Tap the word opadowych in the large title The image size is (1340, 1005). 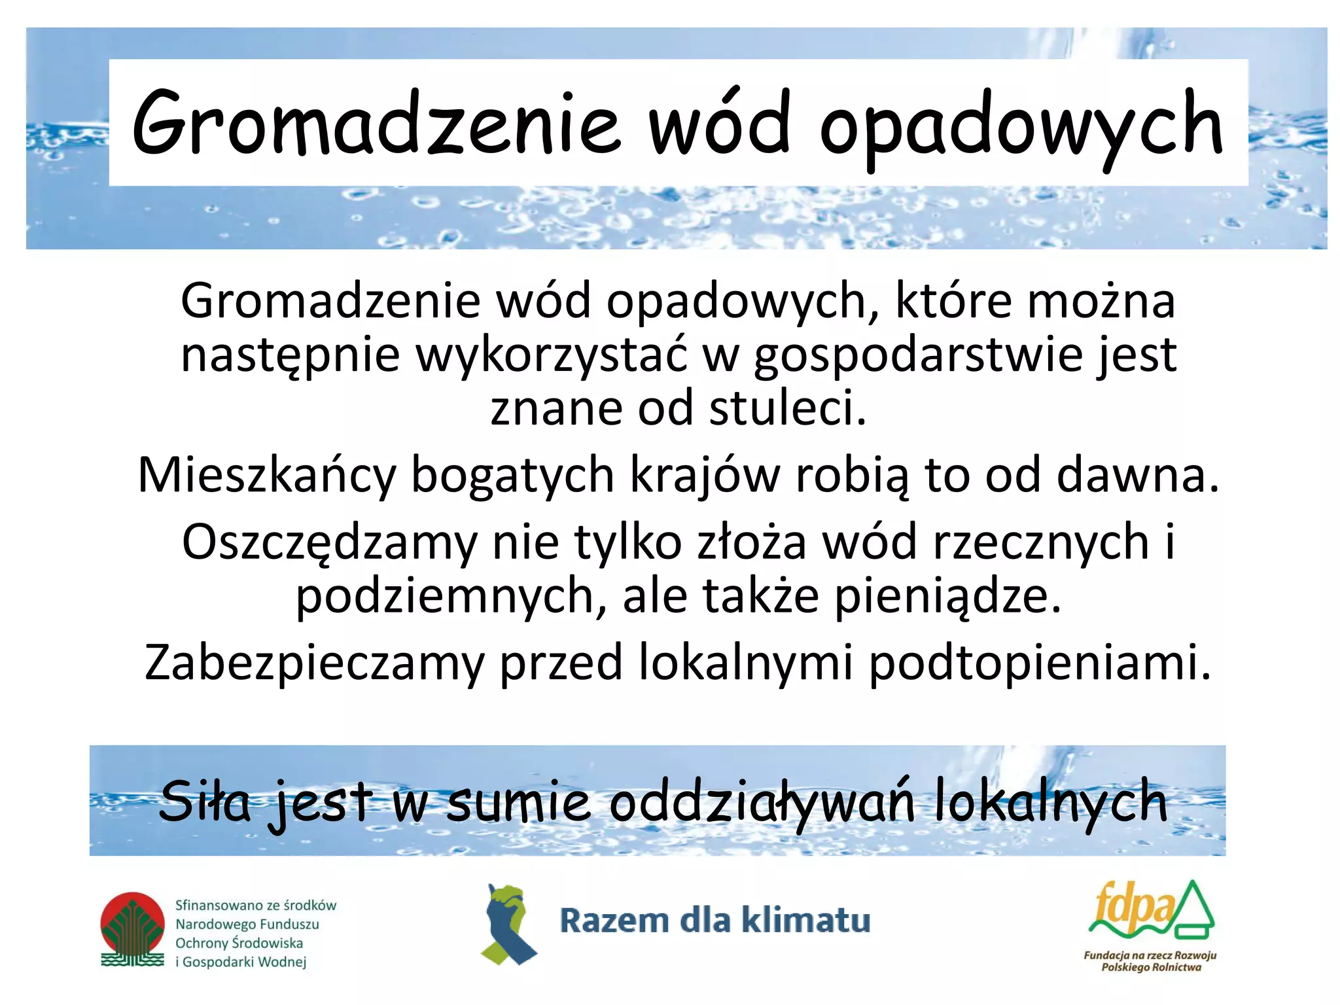pyautogui.click(x=1021, y=128)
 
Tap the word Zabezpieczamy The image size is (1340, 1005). pyautogui.click(x=313, y=663)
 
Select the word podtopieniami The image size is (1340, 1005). pyautogui.click(x=1040, y=663)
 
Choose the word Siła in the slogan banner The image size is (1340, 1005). pyautogui.click(x=204, y=802)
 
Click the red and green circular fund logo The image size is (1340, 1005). pyautogui.click(x=133, y=929)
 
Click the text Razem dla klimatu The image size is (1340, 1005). pyautogui.click(x=714, y=921)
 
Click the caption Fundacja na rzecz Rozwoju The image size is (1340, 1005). pyautogui.click(x=1150, y=955)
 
